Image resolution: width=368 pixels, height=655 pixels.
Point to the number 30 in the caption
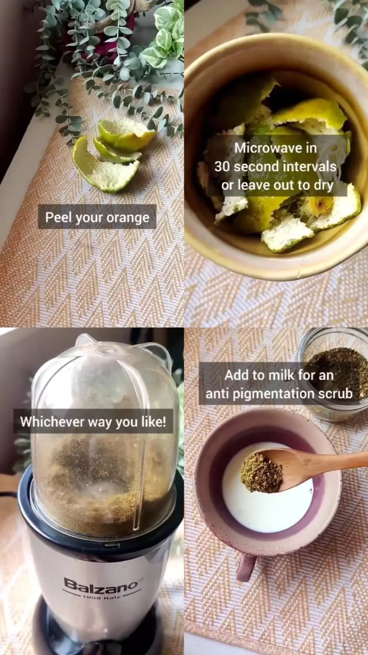(222, 166)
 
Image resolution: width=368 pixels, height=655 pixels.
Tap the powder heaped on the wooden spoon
(261, 473)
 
